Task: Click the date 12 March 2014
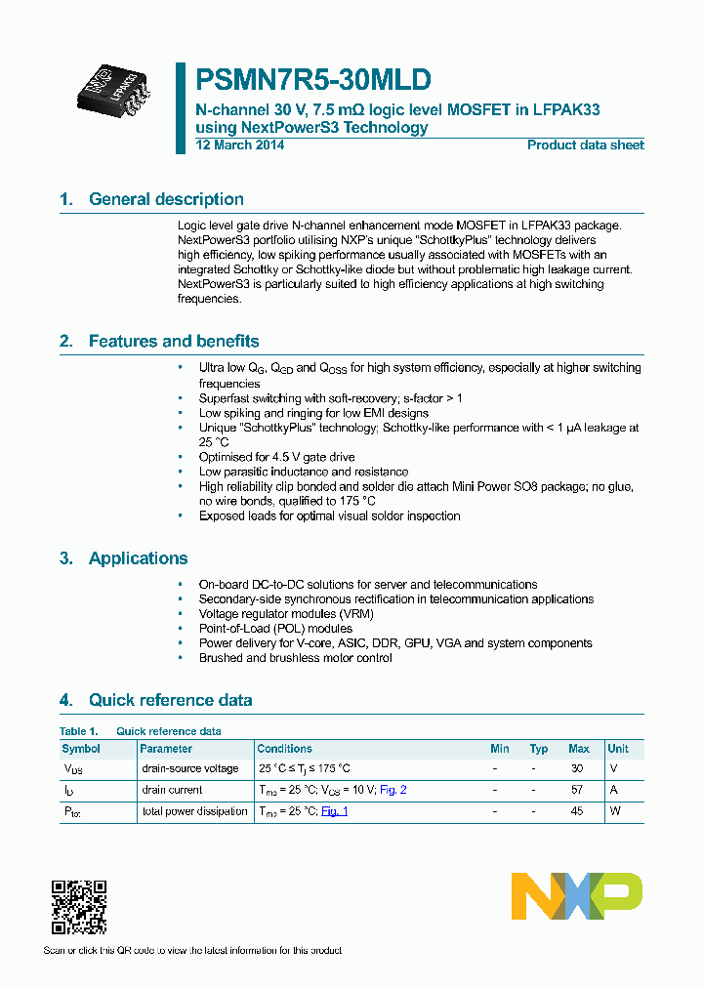coord(240,145)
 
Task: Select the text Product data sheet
coord(585,145)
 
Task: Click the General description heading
coord(166,199)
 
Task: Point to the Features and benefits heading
coord(174,341)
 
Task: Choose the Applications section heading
coord(138,558)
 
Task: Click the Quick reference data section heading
coord(170,700)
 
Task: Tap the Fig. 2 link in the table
coord(393,790)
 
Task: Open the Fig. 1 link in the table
coord(334,811)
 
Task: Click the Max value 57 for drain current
coord(577,790)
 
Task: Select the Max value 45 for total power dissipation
coord(577,811)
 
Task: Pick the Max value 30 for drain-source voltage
coord(577,768)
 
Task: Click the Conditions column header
coord(285,749)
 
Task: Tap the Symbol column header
coord(81,749)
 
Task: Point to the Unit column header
coord(618,749)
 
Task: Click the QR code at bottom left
coord(79,907)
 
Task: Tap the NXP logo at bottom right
coord(577,895)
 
